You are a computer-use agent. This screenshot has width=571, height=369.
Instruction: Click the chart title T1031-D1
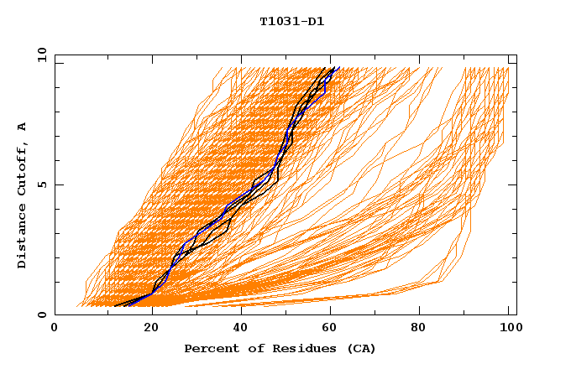point(291,22)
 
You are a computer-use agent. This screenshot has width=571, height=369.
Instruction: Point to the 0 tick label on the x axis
point(55,329)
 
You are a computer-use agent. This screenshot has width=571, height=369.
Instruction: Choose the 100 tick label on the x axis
point(509,329)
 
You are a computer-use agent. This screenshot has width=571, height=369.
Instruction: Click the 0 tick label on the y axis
point(41,315)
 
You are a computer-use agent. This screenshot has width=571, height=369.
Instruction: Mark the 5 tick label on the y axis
point(41,184)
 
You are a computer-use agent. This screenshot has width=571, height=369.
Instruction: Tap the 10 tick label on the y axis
point(38,55)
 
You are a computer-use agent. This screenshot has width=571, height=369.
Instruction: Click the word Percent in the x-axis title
point(210,348)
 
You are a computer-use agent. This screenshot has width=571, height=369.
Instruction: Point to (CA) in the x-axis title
point(358,348)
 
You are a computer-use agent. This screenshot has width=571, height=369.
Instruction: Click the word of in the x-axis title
point(249,348)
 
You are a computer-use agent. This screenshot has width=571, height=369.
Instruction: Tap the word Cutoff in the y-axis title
point(22,168)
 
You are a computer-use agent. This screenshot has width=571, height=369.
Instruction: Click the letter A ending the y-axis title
point(22,126)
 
